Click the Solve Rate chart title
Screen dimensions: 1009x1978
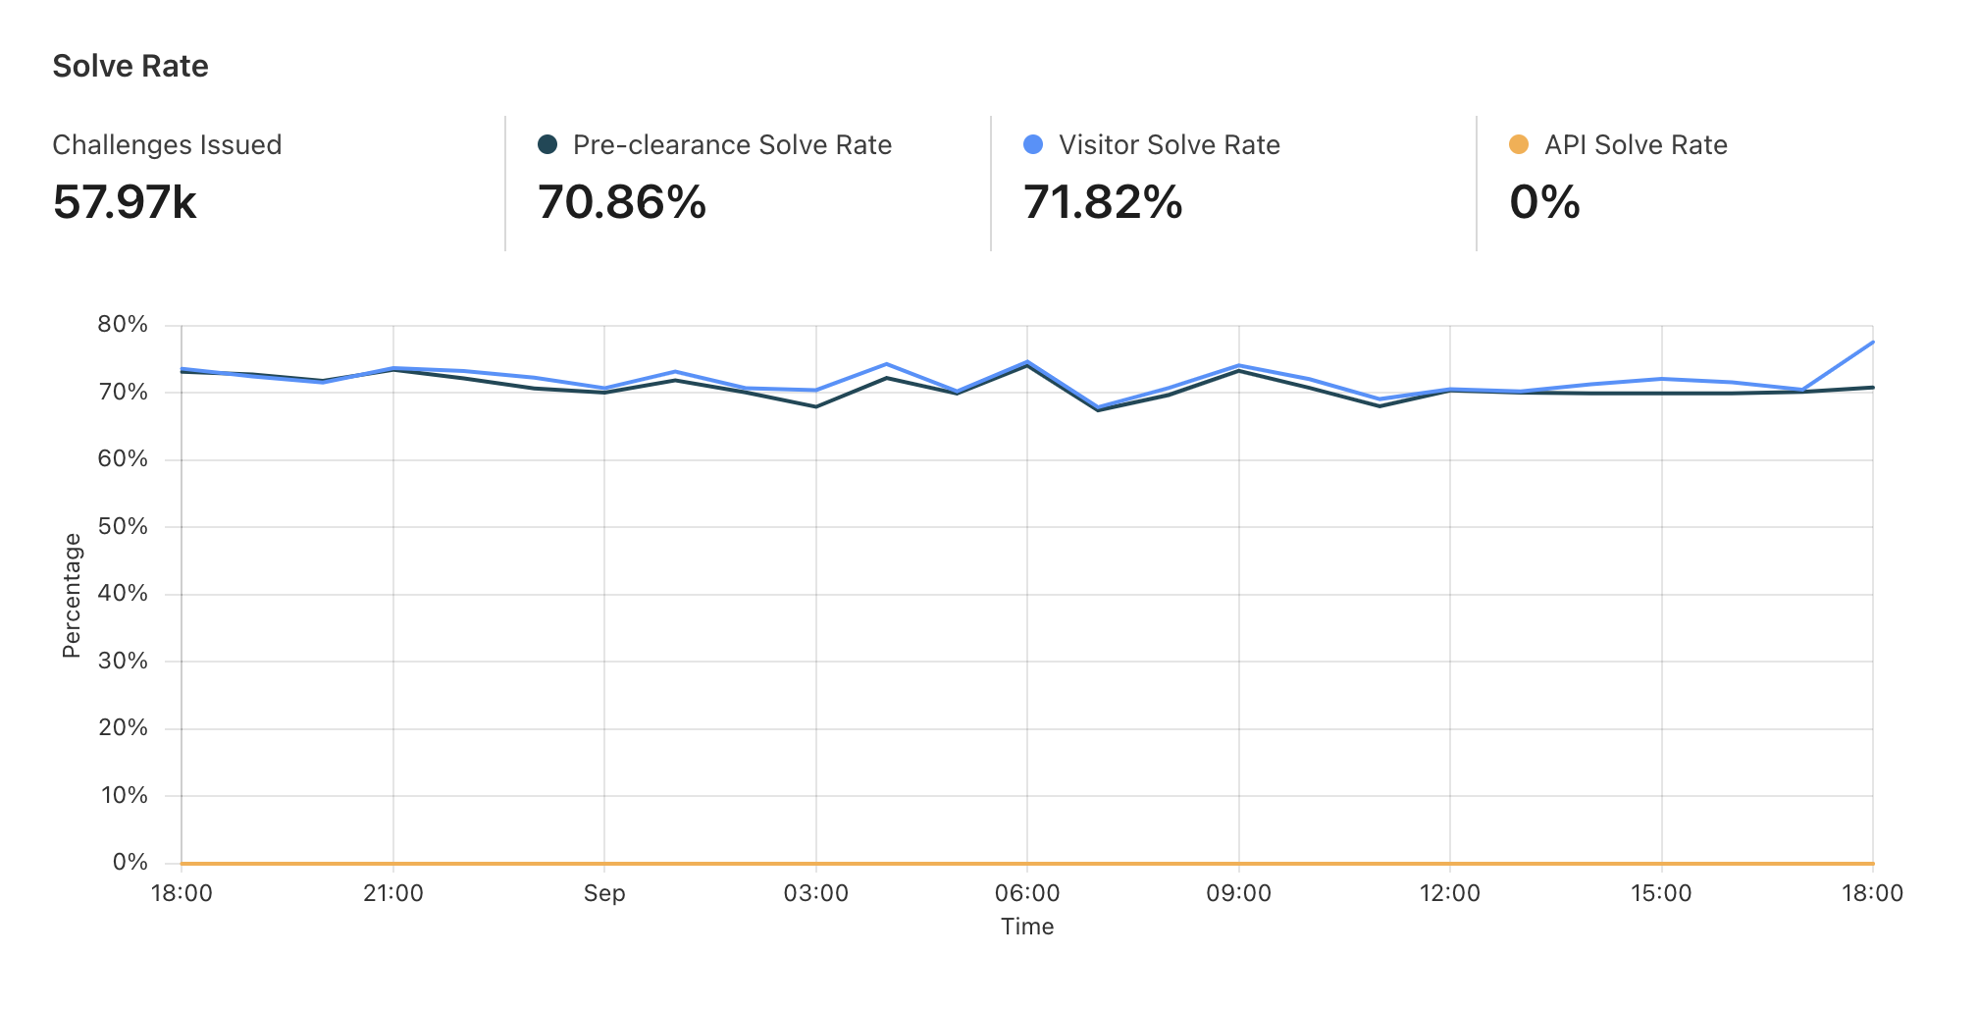point(130,66)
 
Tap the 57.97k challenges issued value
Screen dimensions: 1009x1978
point(125,202)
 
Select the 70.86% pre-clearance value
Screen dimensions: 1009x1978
point(622,202)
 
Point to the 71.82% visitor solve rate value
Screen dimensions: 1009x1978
point(1103,202)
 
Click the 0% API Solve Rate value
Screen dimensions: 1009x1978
point(1544,202)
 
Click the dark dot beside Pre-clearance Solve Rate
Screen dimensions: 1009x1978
point(547,144)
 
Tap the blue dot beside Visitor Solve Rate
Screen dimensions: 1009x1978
point(1032,144)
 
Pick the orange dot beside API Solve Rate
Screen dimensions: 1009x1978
point(1518,144)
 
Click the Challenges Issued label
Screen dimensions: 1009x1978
point(167,145)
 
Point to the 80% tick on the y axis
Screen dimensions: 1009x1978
point(123,325)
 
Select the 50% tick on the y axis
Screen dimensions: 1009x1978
point(123,526)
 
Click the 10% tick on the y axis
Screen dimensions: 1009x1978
point(124,795)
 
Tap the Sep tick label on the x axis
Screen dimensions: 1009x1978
point(604,893)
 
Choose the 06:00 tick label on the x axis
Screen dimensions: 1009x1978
point(1027,893)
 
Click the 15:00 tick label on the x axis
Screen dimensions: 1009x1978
point(1661,893)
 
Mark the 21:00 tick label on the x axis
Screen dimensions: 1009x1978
point(393,893)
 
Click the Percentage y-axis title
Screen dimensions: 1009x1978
point(72,595)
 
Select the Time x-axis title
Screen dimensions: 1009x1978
point(1027,927)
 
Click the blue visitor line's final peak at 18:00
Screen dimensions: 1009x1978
point(1872,343)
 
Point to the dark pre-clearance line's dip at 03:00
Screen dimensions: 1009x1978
point(816,406)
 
